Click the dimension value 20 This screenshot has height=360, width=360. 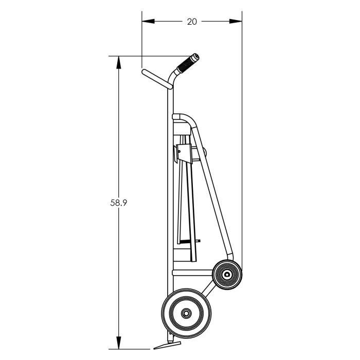(192, 22)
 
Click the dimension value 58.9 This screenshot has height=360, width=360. (118, 203)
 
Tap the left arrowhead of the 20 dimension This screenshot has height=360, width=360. (148, 22)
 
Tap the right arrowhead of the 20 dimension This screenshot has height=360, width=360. (236, 22)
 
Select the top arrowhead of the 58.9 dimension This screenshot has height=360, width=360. (118, 62)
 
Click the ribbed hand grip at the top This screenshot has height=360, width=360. (187, 63)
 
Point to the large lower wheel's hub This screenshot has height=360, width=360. (186, 313)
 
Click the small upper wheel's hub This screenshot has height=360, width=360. (227, 274)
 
